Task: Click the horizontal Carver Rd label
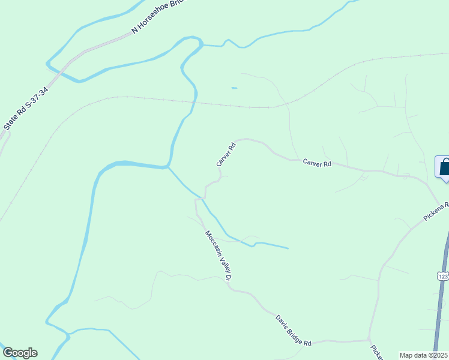(x=317, y=163)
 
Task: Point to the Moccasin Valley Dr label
(x=218, y=256)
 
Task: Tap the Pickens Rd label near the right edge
(x=436, y=211)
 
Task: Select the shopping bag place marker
(x=444, y=167)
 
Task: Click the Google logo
(x=20, y=353)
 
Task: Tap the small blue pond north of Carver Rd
(x=234, y=88)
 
